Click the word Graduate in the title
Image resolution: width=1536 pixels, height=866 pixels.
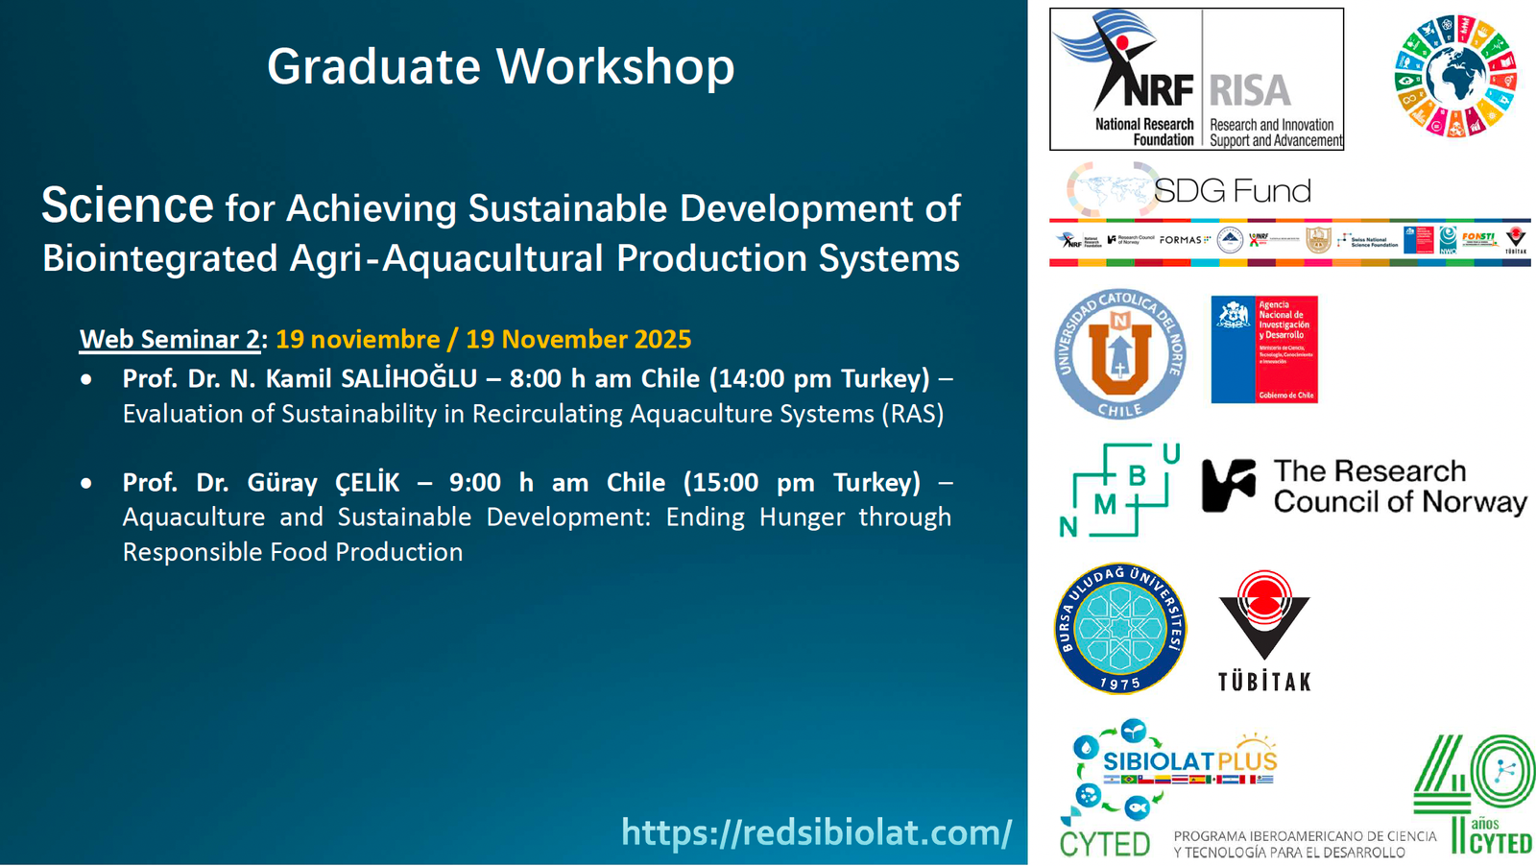click(373, 67)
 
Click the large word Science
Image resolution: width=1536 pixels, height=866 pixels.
click(127, 206)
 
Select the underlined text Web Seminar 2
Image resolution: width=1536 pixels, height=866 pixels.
click(170, 339)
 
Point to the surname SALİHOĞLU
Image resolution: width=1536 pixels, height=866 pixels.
click(409, 378)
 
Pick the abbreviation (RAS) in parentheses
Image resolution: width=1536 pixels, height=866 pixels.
click(915, 414)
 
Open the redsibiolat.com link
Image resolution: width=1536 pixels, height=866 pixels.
click(816, 831)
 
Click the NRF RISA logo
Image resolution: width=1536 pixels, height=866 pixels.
click(1196, 79)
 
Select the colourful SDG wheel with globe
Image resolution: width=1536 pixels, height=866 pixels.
click(1454, 76)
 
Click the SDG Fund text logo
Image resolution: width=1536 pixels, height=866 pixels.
click(1232, 190)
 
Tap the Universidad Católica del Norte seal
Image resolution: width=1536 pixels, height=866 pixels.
click(1119, 354)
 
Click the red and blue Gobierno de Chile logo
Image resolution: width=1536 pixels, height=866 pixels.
click(1263, 349)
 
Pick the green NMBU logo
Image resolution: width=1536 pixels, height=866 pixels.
click(1119, 491)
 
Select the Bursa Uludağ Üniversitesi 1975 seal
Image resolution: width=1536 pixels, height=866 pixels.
click(1119, 628)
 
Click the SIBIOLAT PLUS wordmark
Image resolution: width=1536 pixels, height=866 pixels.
click(1189, 761)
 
